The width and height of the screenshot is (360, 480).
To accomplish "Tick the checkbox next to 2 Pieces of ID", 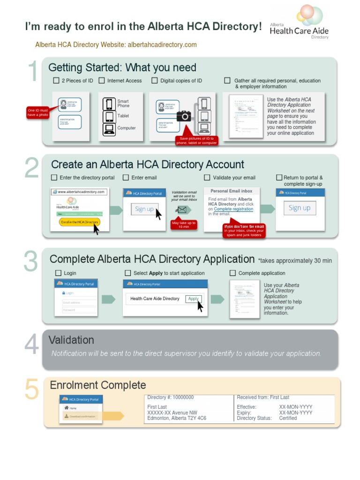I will pos(56,81).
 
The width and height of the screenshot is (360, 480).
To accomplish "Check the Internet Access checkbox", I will pos(102,81).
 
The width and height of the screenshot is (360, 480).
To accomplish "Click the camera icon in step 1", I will pos(184,115).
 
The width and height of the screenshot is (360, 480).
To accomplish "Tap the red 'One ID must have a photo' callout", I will pos(38,112).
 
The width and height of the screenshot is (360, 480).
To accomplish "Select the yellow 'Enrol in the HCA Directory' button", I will pos(80,222).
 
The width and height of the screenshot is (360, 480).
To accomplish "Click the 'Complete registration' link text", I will pos(233,209).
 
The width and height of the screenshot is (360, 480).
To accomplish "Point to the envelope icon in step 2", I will pos(182,210).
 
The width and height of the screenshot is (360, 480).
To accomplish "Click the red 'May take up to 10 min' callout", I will pos(183,225).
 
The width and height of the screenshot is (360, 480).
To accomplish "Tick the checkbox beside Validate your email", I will pos(207,178).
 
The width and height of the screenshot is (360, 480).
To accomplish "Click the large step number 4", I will pos(31,345).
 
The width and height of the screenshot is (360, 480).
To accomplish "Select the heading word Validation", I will pos(71,340).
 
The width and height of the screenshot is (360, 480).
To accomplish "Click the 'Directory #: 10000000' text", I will pos(170,397).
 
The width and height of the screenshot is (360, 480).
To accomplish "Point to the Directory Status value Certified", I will pos(288,418).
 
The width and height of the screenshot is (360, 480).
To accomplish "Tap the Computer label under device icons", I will pos(127,128).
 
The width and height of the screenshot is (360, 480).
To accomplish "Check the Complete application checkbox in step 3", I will pos(232,273).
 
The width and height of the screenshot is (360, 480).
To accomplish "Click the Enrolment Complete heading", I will pos(98,385).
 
